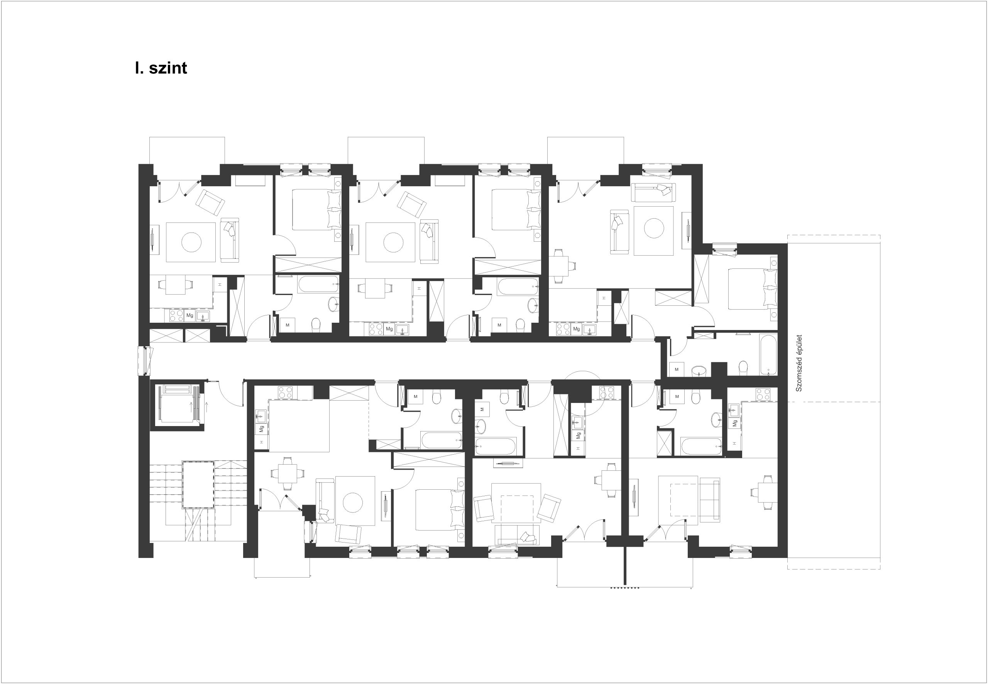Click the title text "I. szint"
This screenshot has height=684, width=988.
pyautogui.click(x=161, y=68)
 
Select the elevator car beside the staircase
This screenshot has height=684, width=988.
pyautogui.click(x=177, y=404)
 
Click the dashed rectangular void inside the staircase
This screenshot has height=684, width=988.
pyautogui.click(x=198, y=484)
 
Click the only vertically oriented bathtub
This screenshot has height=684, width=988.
pyautogui.click(x=768, y=355)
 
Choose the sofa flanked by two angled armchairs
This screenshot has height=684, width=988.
pyautogui.click(x=517, y=535)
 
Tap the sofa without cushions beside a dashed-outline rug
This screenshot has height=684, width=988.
pyautogui.click(x=710, y=500)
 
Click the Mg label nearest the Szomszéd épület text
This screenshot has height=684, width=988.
pyautogui.click(x=734, y=423)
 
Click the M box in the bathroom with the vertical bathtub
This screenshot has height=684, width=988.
pyautogui.click(x=677, y=369)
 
